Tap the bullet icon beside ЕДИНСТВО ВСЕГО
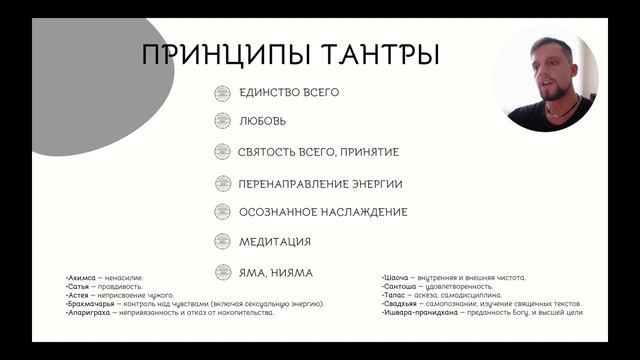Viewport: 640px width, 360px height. [x=222, y=93]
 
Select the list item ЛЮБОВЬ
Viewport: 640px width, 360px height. [x=263, y=121]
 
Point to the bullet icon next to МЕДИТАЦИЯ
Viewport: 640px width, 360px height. [x=222, y=241]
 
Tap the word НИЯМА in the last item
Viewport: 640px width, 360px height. [x=290, y=272]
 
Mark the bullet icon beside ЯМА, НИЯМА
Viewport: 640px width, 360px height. [x=222, y=271]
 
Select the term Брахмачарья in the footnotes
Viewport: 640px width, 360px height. [x=90, y=303]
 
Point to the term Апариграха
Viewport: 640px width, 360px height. [x=88, y=312]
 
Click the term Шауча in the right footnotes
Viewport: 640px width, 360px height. [x=397, y=277]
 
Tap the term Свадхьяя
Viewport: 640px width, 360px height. [x=402, y=304]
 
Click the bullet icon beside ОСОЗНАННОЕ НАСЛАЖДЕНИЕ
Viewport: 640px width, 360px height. [x=222, y=212]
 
